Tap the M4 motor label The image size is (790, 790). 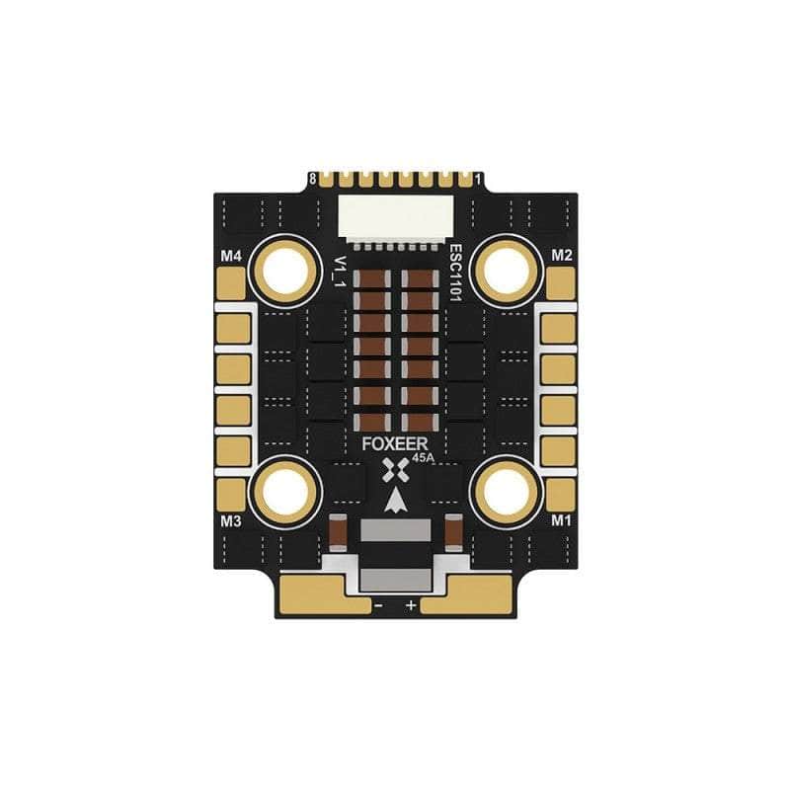(x=231, y=256)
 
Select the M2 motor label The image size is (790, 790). (x=562, y=255)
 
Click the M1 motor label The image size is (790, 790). (x=561, y=520)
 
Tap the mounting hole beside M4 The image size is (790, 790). (x=287, y=268)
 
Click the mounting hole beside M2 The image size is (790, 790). (x=507, y=268)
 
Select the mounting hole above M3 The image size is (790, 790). (x=287, y=488)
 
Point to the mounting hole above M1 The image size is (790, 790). (x=507, y=488)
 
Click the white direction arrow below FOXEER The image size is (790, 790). (x=396, y=501)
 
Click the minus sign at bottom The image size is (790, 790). (x=378, y=602)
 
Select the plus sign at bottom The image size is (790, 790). (x=412, y=602)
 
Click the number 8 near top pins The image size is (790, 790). (x=313, y=180)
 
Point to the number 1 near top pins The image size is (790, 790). (x=478, y=180)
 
